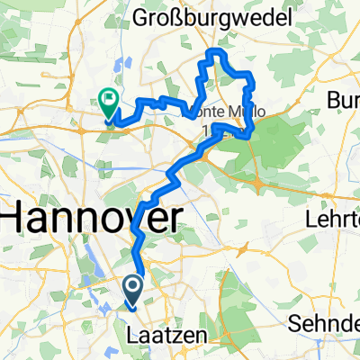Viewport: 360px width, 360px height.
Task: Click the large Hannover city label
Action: pos(90,218)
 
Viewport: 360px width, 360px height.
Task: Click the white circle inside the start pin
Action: pos(132,286)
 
